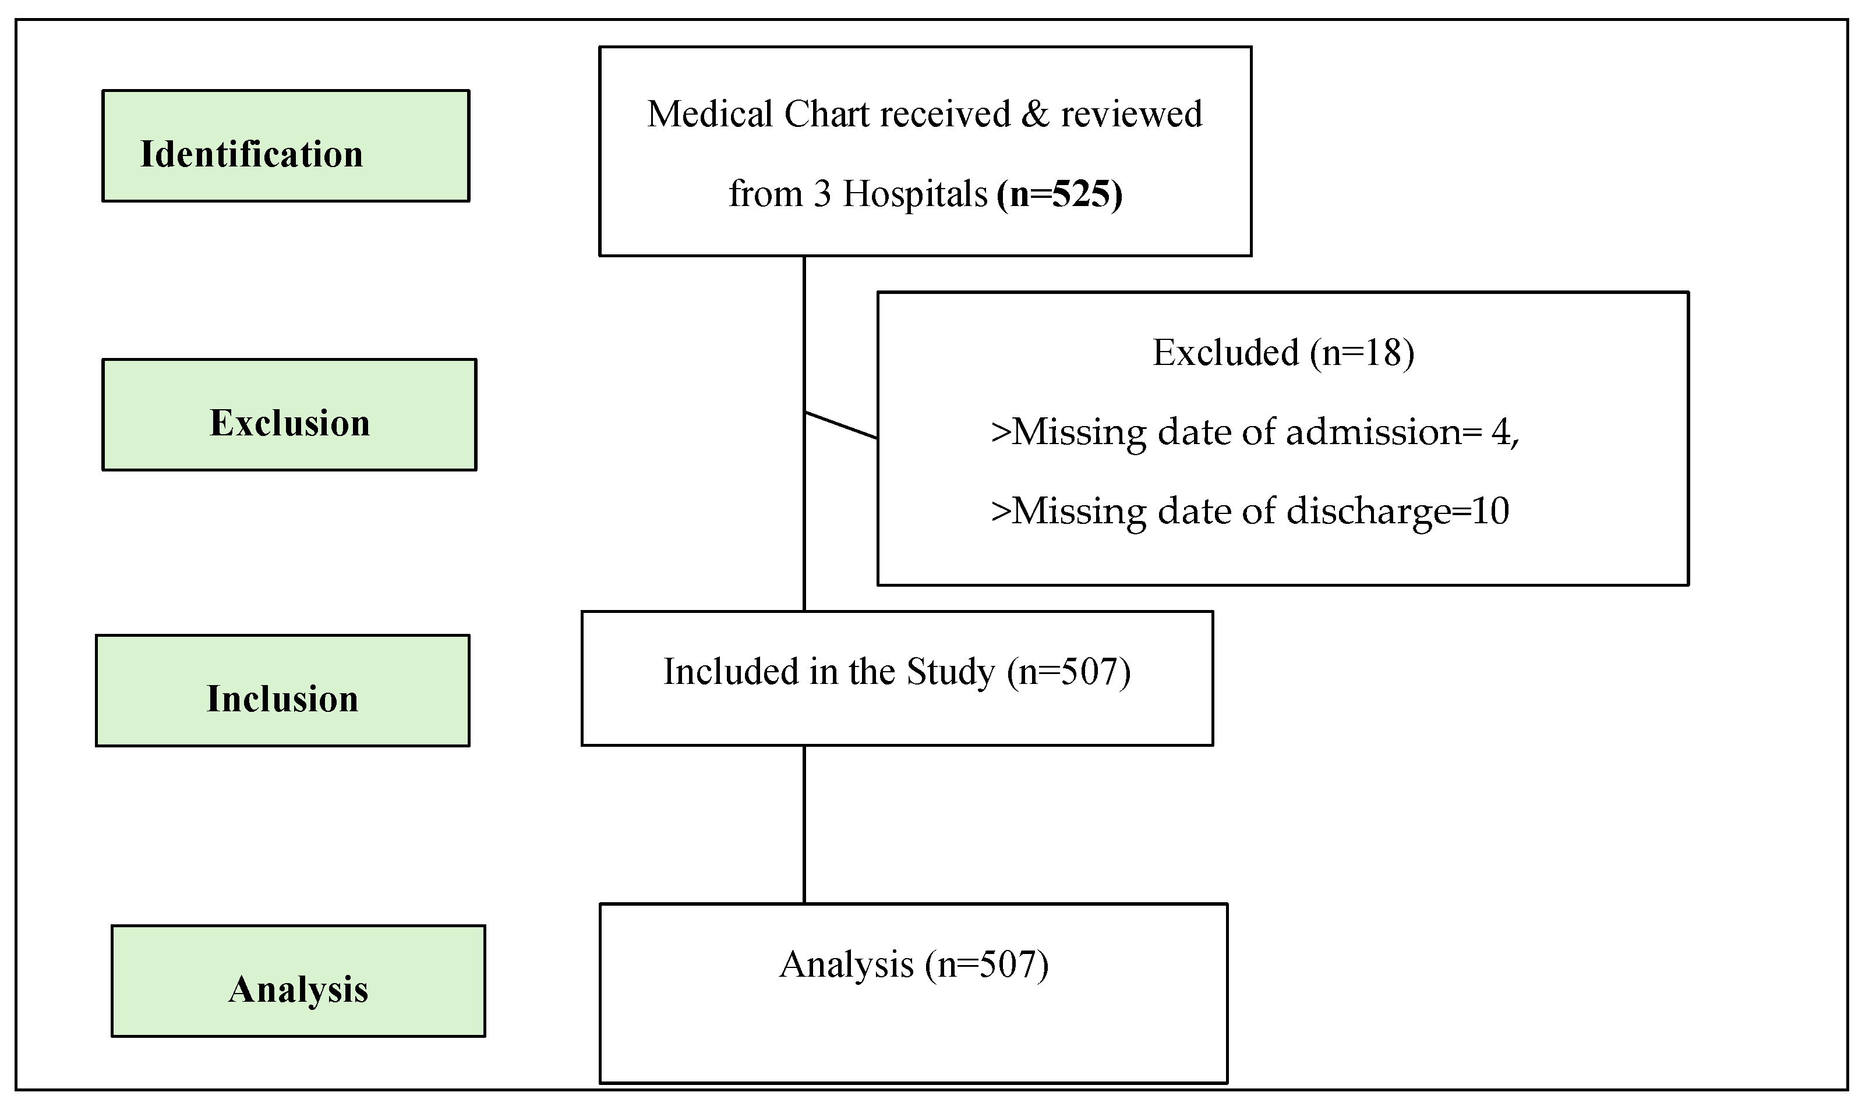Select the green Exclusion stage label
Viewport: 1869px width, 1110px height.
[x=289, y=415]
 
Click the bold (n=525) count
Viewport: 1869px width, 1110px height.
[x=1059, y=194]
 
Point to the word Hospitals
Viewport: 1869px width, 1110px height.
[x=914, y=194]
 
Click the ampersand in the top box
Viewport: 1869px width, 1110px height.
[x=1036, y=115]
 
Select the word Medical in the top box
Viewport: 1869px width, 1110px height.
[x=710, y=115]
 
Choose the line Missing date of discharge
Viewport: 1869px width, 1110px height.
[x=1249, y=512]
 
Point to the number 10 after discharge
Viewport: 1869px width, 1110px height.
[x=1490, y=512]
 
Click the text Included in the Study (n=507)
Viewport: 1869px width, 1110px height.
[x=896, y=672]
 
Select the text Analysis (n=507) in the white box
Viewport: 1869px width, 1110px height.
[x=914, y=965]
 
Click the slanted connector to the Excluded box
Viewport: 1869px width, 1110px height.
[x=841, y=425]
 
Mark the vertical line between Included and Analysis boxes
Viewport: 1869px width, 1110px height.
[x=804, y=824]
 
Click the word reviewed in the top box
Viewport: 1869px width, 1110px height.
[x=1131, y=115]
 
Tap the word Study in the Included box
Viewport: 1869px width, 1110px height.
[x=950, y=672]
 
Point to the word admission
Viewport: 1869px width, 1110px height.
[x=1373, y=432]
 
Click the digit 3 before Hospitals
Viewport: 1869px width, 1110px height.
[x=822, y=194]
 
